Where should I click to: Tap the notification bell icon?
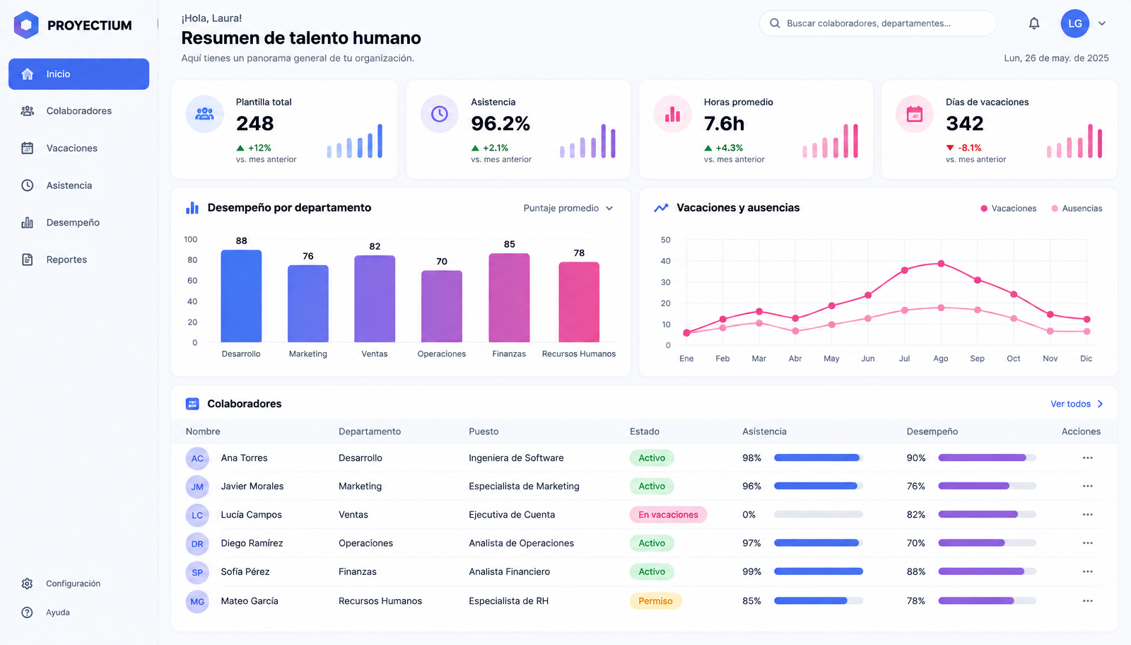[1034, 23]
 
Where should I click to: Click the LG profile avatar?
[1074, 23]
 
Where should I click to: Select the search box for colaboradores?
[877, 23]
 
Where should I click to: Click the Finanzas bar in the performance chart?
[509, 298]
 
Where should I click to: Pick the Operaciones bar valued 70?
[442, 306]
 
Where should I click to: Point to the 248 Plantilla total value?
[255, 123]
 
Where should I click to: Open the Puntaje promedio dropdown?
[568, 208]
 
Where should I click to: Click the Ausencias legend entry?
[1077, 209]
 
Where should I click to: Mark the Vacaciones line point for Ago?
[941, 264]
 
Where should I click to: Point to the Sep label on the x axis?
[977, 359]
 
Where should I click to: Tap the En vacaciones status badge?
[668, 515]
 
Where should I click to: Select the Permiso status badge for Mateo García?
[655, 601]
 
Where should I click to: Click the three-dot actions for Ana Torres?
[1088, 458]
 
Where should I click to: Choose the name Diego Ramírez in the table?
[252, 543]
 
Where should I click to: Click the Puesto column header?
[484, 432]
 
